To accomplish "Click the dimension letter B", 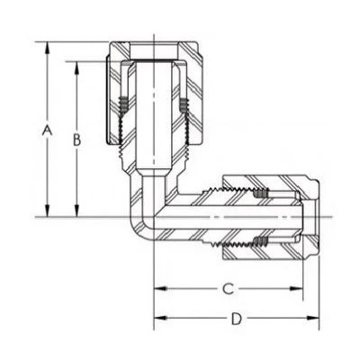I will pyautogui.click(x=77, y=139).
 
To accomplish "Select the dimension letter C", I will pyautogui.click(x=229, y=289).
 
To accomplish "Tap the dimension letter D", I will pyautogui.click(x=236, y=319).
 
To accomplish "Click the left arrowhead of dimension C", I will pyautogui.click(x=159, y=289).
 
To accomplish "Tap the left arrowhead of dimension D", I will pyautogui.click(x=159, y=319).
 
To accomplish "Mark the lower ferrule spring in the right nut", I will pyautogui.click(x=261, y=241).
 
